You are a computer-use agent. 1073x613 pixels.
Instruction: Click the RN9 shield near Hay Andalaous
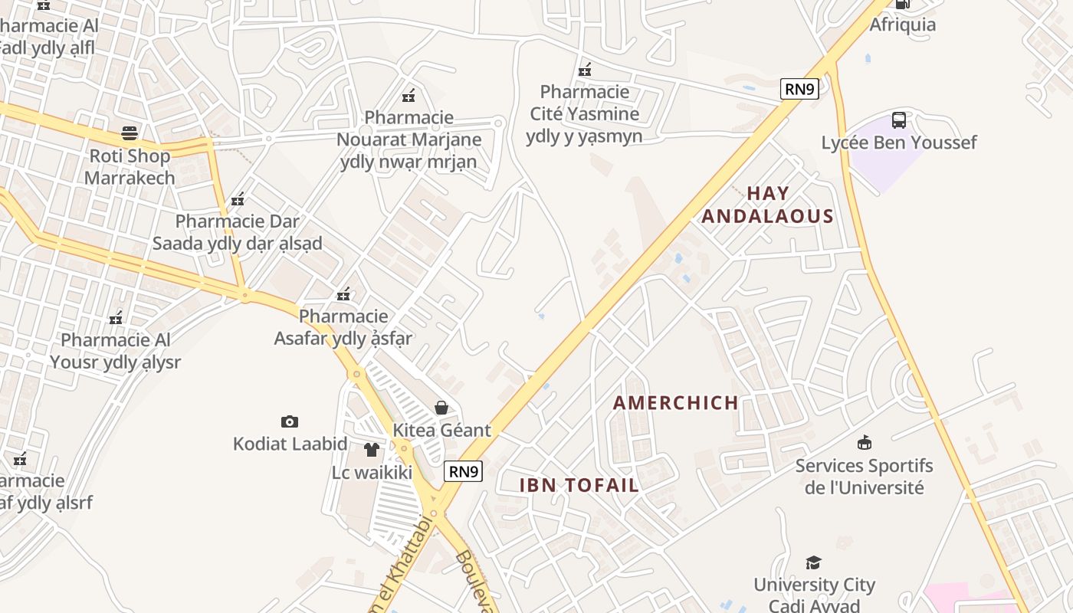click(x=799, y=89)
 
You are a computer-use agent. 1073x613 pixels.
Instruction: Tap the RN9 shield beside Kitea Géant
click(x=464, y=470)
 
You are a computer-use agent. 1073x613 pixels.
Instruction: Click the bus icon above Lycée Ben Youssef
click(x=899, y=120)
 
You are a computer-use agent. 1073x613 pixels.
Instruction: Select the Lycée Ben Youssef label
click(x=899, y=143)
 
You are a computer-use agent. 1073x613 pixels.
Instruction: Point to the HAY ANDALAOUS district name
click(x=767, y=205)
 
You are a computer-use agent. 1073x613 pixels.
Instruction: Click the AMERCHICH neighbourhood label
click(x=676, y=402)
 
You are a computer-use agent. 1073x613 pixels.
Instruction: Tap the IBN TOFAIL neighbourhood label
click(x=579, y=485)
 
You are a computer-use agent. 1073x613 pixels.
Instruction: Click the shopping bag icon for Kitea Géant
click(x=441, y=408)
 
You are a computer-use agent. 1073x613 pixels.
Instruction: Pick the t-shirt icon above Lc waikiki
click(x=372, y=450)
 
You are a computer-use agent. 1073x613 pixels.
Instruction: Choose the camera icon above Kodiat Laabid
click(x=290, y=421)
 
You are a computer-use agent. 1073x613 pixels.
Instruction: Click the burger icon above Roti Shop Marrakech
click(x=129, y=133)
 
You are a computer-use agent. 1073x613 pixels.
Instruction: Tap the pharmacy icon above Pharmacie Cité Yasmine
click(x=585, y=70)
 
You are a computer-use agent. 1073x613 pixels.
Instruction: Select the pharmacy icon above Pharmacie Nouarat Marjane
click(x=409, y=96)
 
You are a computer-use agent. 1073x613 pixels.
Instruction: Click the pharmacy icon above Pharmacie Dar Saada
click(x=238, y=199)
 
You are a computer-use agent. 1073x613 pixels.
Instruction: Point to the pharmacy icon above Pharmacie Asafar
click(x=343, y=293)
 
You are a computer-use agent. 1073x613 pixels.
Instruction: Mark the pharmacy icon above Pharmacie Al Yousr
click(x=116, y=317)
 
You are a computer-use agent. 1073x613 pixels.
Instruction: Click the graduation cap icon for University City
click(x=813, y=563)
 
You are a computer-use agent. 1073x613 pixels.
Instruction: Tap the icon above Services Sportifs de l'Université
click(x=864, y=442)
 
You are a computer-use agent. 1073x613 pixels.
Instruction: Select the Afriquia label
click(x=902, y=25)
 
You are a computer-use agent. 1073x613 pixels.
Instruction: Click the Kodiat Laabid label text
click(x=290, y=444)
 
